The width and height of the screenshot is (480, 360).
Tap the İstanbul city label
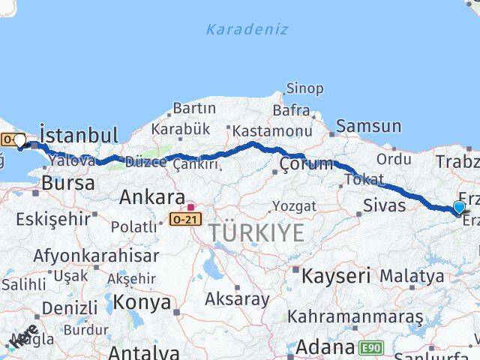tap(78, 135)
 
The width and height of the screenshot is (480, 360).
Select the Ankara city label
tap(153, 197)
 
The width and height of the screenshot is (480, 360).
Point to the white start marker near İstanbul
tap(19, 140)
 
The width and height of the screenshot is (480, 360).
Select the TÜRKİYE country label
tap(256, 233)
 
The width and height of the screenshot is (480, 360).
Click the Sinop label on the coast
tap(305, 88)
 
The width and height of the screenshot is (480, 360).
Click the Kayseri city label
tap(336, 275)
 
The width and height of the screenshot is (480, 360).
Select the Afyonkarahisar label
tap(96, 255)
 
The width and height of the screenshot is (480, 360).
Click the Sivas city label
tap(384, 205)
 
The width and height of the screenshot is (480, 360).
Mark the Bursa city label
tap(68, 182)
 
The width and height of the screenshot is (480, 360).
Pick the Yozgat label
tap(295, 205)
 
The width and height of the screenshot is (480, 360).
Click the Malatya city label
tap(411, 276)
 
